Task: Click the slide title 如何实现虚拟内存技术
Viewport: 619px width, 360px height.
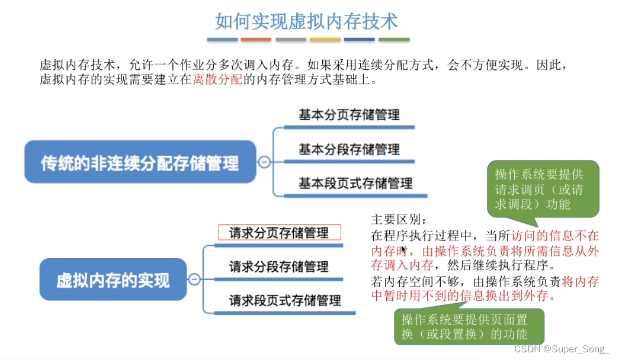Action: (306, 21)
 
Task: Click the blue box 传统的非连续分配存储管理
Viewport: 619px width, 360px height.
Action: (140, 162)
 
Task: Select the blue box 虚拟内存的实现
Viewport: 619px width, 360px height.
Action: (113, 279)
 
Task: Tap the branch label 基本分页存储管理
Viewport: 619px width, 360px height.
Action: (349, 115)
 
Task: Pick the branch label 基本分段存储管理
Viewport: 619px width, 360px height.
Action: (349, 149)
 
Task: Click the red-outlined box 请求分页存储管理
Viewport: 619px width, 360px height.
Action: (279, 233)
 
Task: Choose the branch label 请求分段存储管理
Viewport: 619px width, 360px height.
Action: (278, 266)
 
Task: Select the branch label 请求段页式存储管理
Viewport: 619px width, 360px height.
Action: (285, 300)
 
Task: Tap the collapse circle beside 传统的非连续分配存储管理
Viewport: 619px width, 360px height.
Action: (264, 162)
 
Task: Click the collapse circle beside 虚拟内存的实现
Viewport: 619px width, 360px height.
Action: (194, 279)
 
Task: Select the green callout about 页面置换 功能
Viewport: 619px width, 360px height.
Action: (468, 326)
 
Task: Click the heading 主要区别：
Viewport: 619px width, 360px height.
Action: (395, 219)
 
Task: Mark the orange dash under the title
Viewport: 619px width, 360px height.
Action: (256, 40)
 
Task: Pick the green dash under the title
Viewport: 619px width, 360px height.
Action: (394, 40)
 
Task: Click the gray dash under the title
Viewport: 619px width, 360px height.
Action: (291, 40)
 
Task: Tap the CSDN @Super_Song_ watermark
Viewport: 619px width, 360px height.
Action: (562, 349)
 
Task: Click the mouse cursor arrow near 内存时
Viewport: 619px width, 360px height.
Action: (404, 250)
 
